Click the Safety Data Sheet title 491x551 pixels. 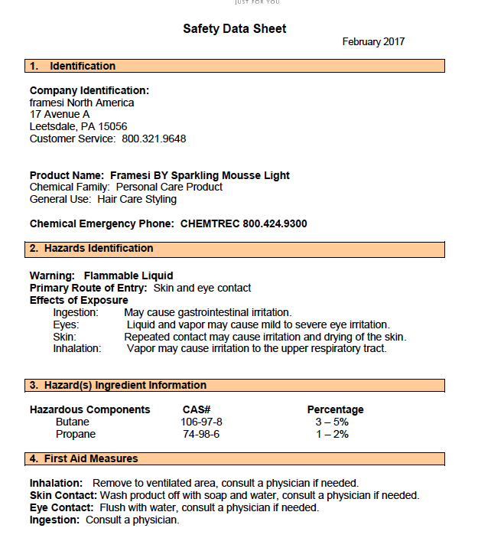234,29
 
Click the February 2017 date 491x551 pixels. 373,42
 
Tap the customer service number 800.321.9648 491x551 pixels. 154,139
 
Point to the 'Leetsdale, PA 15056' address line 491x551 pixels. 78,126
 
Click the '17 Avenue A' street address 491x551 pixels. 60,114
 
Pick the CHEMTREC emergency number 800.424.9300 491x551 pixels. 275,224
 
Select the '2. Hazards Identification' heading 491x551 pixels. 91,249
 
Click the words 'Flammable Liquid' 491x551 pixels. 128,275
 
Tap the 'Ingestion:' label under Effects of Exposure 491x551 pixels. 76,312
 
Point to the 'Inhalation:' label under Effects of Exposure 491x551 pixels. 76,349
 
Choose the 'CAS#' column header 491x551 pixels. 197,409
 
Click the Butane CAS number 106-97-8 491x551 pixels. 201,422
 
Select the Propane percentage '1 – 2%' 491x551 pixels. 332,434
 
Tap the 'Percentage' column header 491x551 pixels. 335,409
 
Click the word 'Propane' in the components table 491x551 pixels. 76,434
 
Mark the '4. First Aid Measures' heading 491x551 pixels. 83,459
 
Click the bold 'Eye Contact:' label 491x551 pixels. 61,507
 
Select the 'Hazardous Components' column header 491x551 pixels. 89,409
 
